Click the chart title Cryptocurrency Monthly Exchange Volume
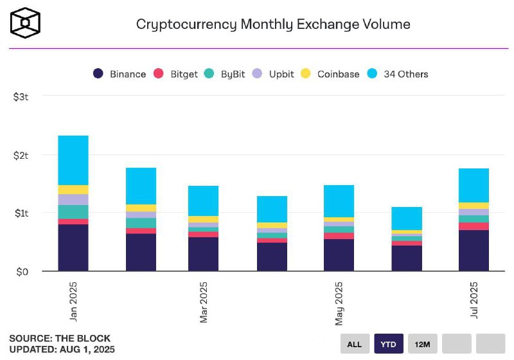click(273, 24)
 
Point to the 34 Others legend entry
click(398, 74)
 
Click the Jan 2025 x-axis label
click(73, 301)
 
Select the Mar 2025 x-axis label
click(204, 301)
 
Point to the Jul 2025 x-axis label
click(474, 301)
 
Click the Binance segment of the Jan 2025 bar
click(73, 248)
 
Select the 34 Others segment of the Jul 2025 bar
click(474, 185)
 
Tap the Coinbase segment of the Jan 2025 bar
click(73, 190)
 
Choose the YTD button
click(389, 344)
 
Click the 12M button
click(423, 344)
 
